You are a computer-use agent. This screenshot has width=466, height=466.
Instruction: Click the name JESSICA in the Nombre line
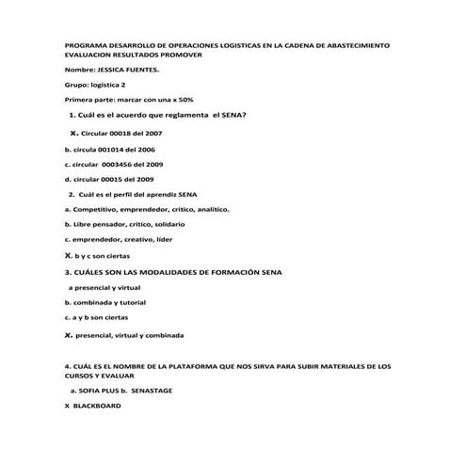pos(111,71)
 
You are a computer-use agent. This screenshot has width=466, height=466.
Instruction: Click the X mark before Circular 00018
pos(73,134)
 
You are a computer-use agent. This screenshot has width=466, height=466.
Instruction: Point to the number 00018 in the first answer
pos(126,135)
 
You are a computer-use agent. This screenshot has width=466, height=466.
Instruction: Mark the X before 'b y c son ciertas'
pos(68,255)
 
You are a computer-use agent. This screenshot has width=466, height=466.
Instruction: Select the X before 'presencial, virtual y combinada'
pos(68,334)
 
